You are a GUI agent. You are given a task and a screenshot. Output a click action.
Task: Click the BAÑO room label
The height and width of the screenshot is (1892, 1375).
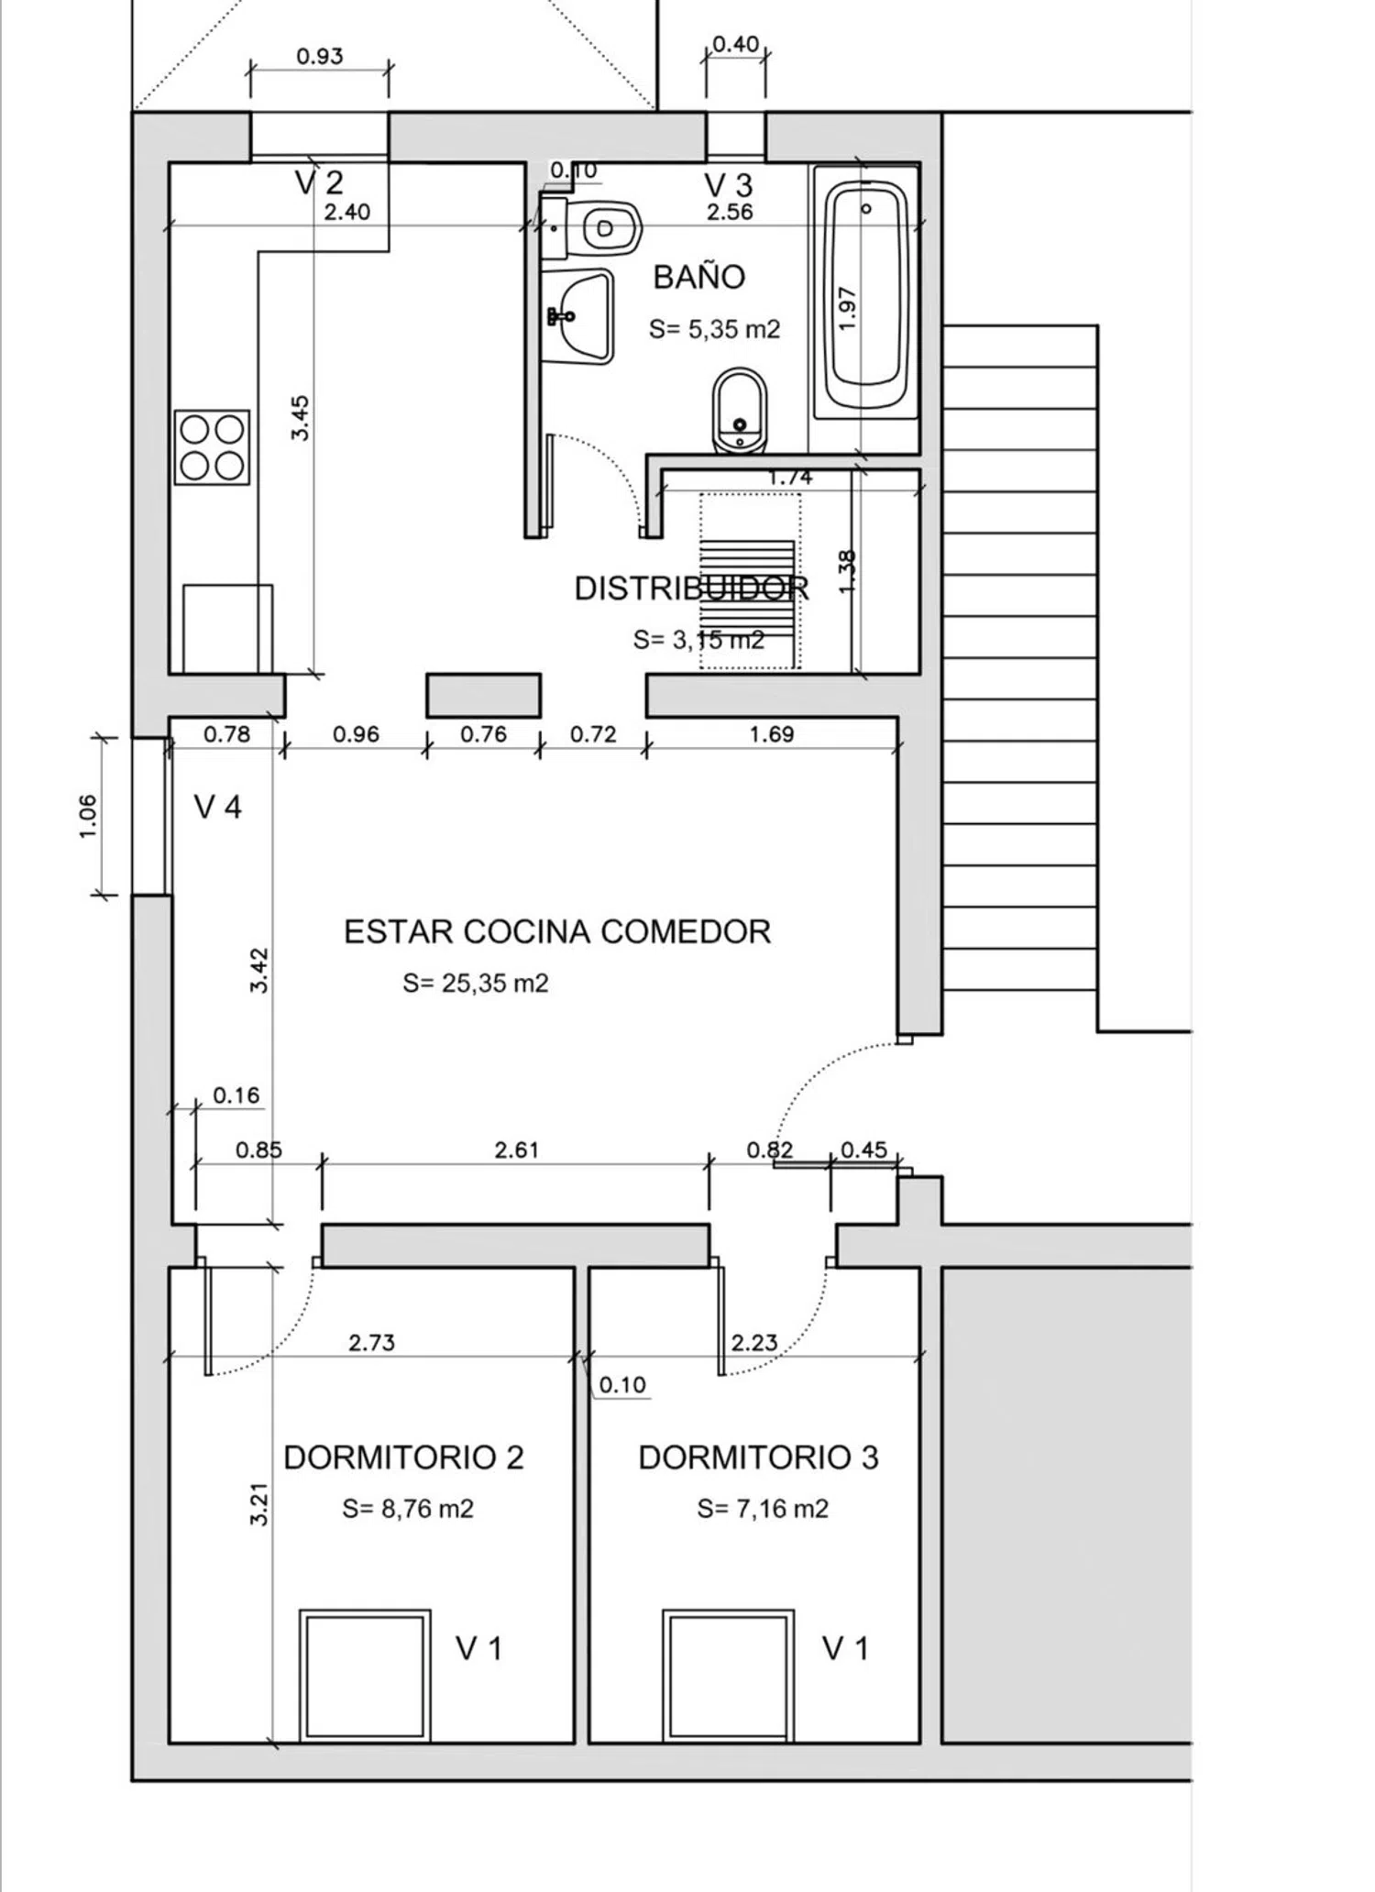point(698,276)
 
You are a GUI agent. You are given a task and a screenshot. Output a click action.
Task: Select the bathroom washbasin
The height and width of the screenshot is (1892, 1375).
point(577,316)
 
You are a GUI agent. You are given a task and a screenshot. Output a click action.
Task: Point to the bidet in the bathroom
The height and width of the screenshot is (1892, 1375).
point(739,412)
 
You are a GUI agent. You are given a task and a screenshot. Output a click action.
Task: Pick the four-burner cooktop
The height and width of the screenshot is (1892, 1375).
point(212,447)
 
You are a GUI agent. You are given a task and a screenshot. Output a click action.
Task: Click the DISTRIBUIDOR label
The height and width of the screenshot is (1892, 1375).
point(691,588)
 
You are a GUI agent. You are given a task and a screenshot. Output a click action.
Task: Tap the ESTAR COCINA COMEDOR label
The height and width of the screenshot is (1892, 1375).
point(557,931)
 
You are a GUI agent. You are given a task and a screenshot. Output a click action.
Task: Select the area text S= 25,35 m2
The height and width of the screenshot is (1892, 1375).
point(476,984)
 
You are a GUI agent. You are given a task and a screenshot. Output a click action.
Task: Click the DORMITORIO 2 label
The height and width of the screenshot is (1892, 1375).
point(403,1457)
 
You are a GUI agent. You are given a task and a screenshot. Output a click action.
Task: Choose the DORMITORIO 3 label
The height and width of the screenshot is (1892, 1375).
point(758,1457)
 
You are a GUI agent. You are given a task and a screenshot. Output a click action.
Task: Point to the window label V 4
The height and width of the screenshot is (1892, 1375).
point(218,807)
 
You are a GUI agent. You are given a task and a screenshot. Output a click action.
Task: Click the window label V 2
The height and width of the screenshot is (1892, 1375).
point(319,182)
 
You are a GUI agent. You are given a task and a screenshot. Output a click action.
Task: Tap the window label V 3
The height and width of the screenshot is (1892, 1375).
point(729,184)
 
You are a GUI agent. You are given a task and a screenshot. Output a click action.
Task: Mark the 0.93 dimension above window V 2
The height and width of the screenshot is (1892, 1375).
point(320,56)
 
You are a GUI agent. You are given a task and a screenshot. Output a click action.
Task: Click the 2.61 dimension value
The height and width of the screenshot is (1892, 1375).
point(516,1149)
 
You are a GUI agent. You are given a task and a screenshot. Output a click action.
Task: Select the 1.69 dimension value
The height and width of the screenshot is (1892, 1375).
point(772,734)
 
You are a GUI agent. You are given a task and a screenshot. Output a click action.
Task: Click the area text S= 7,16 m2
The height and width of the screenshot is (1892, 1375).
point(763,1509)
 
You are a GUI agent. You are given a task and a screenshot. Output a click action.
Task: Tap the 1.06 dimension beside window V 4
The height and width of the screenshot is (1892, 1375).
point(88,816)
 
